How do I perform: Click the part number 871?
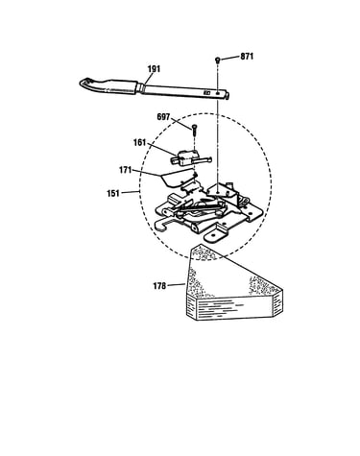click(247, 57)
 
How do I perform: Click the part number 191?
click(154, 69)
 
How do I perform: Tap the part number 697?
click(163, 117)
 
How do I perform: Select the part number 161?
click(139, 142)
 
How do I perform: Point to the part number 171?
click(126, 170)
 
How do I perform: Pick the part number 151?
click(113, 193)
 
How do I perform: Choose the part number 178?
click(159, 286)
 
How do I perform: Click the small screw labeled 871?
click(218, 60)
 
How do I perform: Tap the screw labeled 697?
click(194, 129)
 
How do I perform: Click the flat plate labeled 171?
click(177, 179)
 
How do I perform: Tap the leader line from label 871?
click(229, 58)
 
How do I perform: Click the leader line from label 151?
click(131, 192)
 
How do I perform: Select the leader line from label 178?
click(177, 284)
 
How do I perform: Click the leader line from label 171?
click(146, 173)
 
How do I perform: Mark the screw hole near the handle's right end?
click(218, 93)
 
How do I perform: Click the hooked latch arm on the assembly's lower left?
click(164, 225)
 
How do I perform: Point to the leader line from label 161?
click(162, 150)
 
